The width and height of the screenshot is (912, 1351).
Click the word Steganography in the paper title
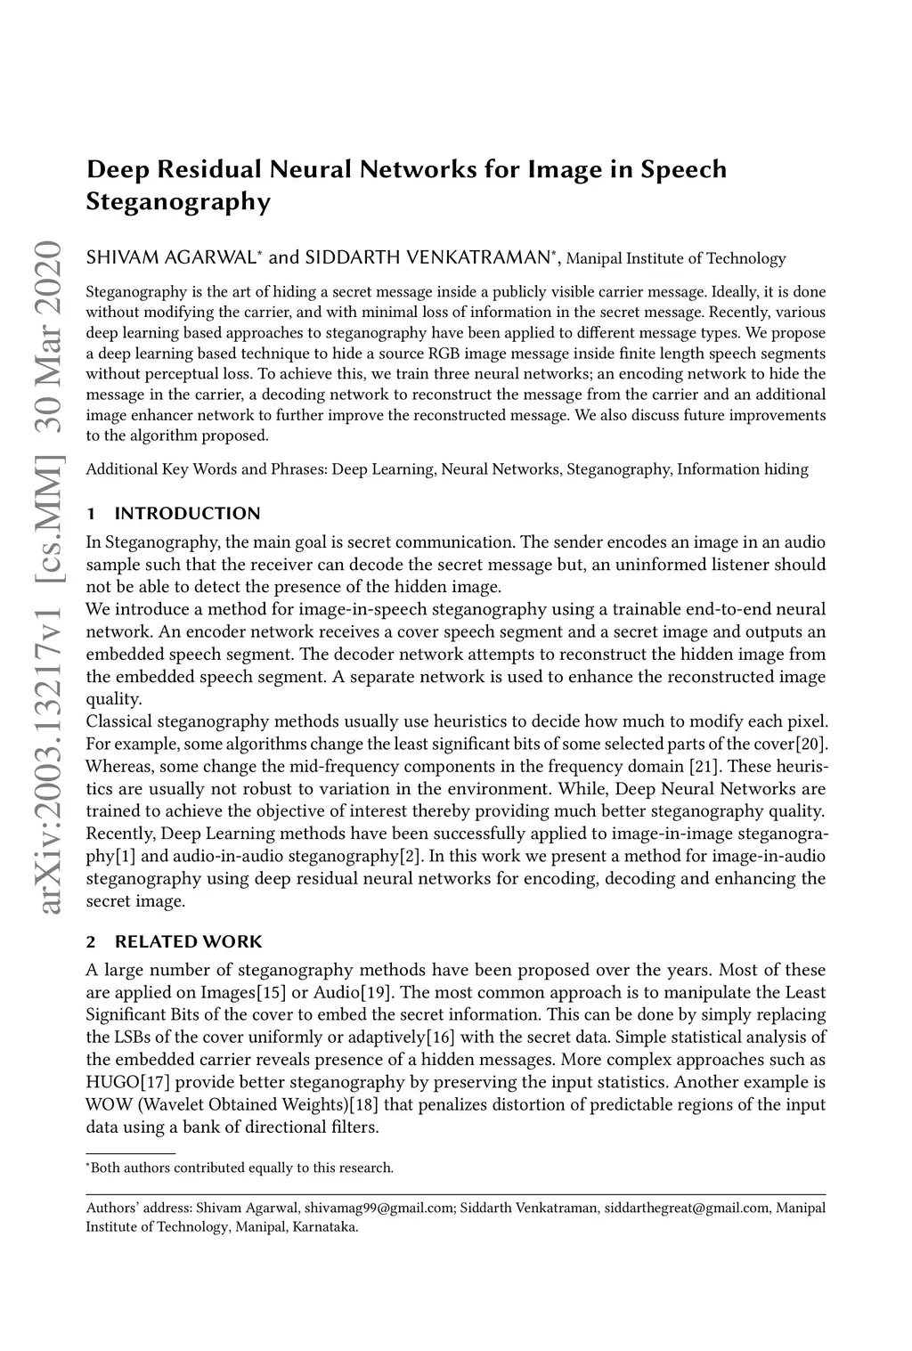pos(177,203)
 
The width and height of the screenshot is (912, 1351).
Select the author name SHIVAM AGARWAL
pos(171,258)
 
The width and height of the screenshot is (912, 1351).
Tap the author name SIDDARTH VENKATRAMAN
pos(427,258)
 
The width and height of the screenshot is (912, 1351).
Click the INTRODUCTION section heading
pos(187,513)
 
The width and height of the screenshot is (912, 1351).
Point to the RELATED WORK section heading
pos(188,941)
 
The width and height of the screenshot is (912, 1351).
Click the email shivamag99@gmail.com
pos(379,1209)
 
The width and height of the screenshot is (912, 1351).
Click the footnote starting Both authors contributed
pos(240,1167)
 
